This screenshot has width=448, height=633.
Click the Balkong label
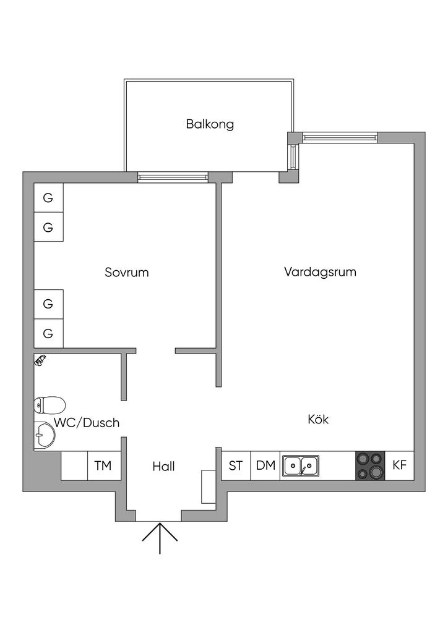210,124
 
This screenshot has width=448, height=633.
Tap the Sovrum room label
127,272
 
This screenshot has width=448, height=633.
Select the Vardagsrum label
320,271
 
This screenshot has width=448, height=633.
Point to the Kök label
318,419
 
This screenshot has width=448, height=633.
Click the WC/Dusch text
87,423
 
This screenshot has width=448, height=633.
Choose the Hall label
163,467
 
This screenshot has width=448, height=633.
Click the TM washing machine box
103,465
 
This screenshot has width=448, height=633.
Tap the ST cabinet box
236,465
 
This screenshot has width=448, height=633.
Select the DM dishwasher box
265,465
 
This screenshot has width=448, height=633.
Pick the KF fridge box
400,465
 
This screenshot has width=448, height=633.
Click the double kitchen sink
301,465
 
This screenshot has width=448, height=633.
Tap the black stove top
370,465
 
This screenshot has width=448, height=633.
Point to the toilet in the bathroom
50,405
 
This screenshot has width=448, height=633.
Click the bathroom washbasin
44,435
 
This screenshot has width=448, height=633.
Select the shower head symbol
40,360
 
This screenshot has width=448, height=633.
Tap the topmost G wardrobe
48,198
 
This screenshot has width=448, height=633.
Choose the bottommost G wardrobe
48,334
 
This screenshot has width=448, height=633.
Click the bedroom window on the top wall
173,178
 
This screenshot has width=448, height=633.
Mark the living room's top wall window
340,137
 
